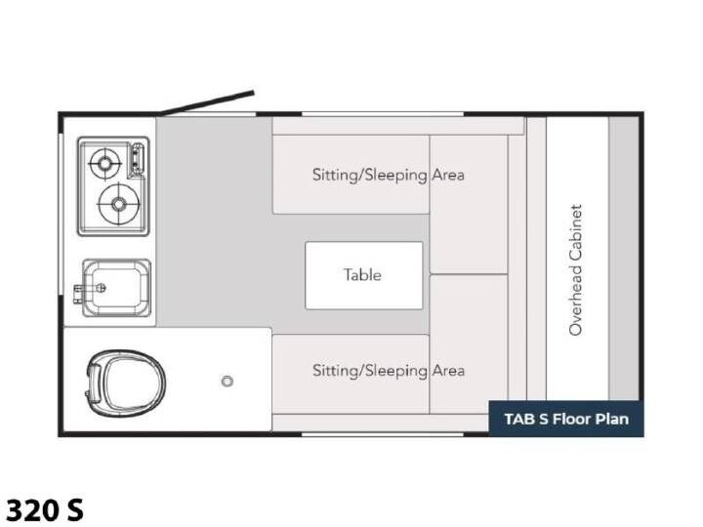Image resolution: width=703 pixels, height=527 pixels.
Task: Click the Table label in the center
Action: click(x=362, y=274)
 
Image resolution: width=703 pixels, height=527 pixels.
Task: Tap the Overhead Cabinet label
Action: click(x=575, y=269)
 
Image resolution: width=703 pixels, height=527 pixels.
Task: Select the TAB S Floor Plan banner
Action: click(x=565, y=419)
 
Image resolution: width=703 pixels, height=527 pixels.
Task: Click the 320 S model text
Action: click(x=44, y=510)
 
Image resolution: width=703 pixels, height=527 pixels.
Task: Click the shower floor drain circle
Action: click(x=227, y=382)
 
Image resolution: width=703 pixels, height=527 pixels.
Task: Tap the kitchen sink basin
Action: click(x=116, y=288)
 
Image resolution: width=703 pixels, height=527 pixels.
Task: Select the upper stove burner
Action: click(x=104, y=164)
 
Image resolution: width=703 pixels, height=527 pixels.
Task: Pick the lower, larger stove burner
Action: click(x=118, y=204)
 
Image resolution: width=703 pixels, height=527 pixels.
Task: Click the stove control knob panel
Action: click(x=137, y=159)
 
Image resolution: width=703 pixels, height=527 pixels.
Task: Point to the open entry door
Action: click(x=207, y=102)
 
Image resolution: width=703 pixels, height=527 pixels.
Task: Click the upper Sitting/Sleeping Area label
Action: click(x=389, y=175)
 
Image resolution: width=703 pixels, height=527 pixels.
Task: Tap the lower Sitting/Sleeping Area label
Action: click(x=389, y=371)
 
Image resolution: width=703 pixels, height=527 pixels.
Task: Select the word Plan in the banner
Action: click(x=612, y=419)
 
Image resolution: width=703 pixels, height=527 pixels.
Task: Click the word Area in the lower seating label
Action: click(x=448, y=371)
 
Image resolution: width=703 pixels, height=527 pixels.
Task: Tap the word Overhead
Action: click(x=575, y=302)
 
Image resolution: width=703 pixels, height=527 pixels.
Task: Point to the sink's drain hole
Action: click(x=102, y=288)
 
